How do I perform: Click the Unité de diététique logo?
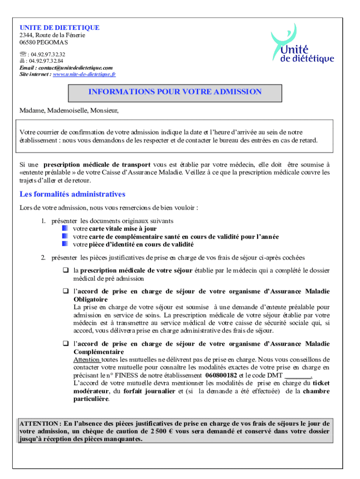(x=302, y=45)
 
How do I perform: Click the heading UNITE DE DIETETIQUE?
(x=59, y=28)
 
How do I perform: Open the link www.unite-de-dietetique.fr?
(x=85, y=74)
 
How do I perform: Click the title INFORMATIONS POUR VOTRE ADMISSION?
(x=175, y=92)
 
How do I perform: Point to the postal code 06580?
(x=27, y=42)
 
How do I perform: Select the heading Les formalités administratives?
(x=72, y=194)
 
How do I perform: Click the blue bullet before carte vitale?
(x=65, y=229)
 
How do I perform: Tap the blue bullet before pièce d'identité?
(x=65, y=244)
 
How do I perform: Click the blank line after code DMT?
(x=298, y=376)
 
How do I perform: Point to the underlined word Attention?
(x=86, y=360)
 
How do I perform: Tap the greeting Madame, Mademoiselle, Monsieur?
(x=69, y=110)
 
